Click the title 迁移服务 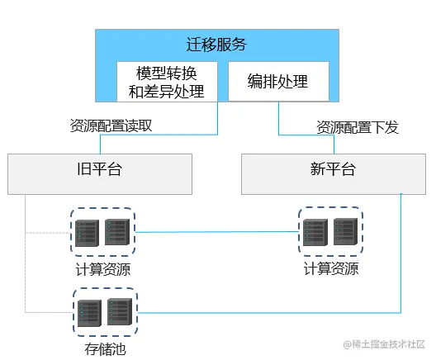point(216,45)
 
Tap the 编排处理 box point(277,81)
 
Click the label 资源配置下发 point(358,127)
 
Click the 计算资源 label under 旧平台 point(102,269)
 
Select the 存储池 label point(105,349)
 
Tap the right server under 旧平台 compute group point(117,233)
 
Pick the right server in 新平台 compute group point(346,233)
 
